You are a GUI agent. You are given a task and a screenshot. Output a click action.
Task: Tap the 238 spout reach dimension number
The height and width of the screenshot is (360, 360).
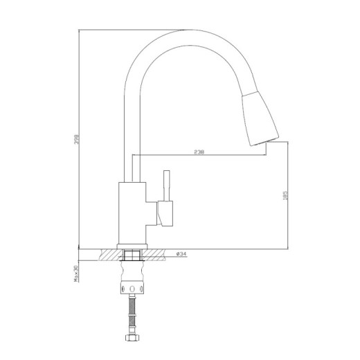(199, 152)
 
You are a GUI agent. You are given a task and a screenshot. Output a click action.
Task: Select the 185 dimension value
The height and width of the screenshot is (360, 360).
(285, 195)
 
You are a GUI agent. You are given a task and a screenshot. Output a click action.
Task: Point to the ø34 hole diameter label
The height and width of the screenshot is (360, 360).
(181, 254)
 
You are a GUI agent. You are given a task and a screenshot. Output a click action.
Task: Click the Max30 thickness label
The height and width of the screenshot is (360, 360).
(75, 273)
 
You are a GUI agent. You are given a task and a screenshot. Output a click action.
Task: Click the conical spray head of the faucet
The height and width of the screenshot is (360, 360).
(260, 118)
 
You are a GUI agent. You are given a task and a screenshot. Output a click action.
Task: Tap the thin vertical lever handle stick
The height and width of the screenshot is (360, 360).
(167, 186)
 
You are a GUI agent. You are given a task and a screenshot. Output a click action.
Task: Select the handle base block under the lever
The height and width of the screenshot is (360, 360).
(165, 213)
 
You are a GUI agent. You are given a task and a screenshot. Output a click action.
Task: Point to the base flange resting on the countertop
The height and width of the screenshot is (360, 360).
(132, 246)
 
